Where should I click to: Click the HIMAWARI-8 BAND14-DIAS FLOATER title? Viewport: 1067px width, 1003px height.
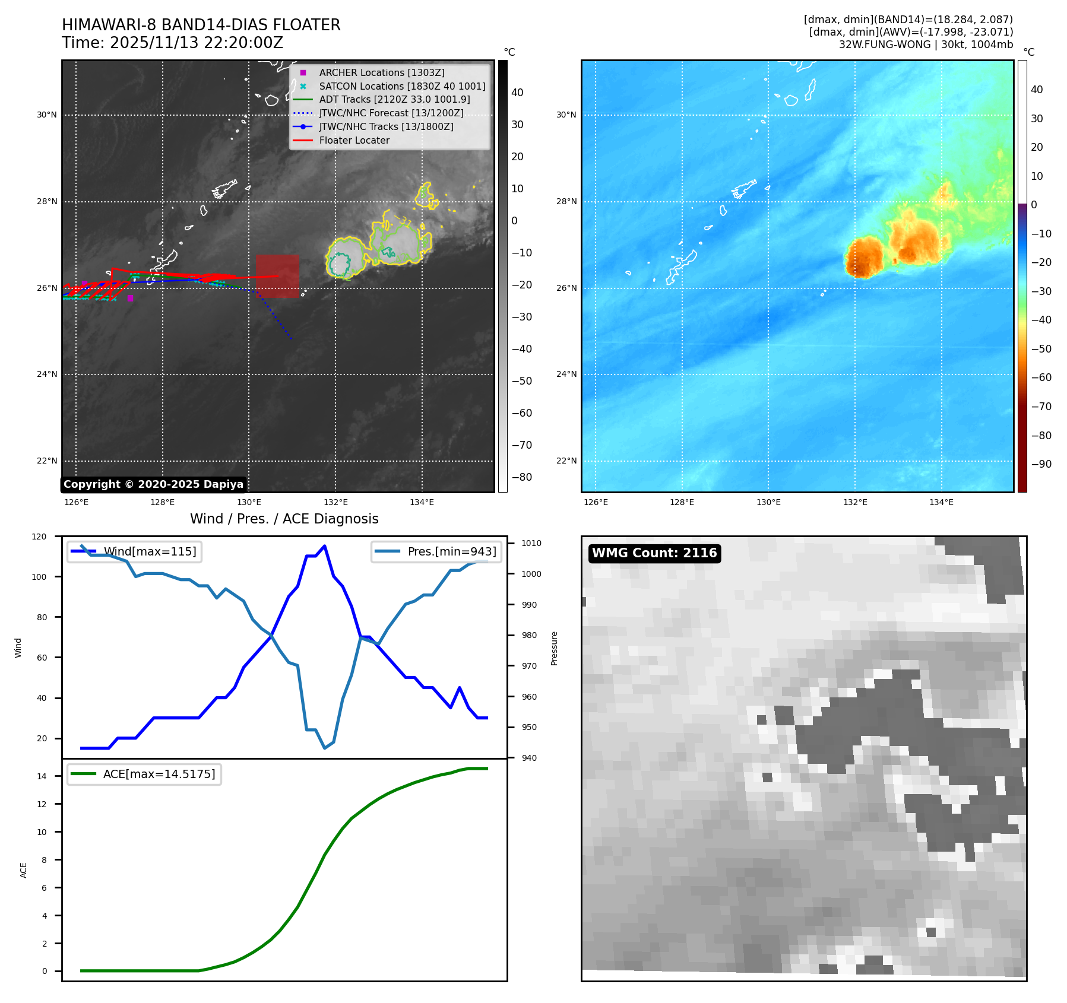(x=201, y=25)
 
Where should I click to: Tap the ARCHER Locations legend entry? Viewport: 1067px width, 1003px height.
(x=381, y=72)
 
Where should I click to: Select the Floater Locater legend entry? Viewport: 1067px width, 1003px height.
(x=354, y=140)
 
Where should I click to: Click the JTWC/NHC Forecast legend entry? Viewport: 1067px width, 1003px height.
(x=391, y=113)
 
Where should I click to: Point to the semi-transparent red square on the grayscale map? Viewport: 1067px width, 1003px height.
(x=277, y=276)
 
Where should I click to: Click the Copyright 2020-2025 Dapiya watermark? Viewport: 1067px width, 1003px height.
(x=153, y=484)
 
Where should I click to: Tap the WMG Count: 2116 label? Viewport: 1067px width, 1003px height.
(x=654, y=553)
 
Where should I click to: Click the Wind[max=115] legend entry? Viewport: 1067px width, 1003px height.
(x=150, y=551)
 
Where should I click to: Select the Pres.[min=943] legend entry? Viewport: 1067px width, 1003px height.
(x=451, y=551)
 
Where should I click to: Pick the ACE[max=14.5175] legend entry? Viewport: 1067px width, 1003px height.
(x=159, y=774)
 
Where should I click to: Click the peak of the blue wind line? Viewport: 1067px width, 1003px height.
(x=324, y=546)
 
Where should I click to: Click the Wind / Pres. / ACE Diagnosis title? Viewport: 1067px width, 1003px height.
(x=284, y=519)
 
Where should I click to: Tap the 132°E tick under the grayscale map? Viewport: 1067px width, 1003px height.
(x=335, y=502)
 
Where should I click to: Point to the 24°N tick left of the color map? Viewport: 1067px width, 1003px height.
(x=566, y=374)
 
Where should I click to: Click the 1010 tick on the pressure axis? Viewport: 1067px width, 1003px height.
(x=531, y=543)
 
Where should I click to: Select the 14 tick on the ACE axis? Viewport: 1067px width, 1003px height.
(x=42, y=776)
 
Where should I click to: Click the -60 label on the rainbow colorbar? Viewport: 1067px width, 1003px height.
(x=1041, y=377)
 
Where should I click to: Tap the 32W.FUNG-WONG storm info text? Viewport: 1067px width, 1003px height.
(x=926, y=45)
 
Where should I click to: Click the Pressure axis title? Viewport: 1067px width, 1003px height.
(x=554, y=647)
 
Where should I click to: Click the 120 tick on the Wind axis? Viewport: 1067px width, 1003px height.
(x=39, y=537)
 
